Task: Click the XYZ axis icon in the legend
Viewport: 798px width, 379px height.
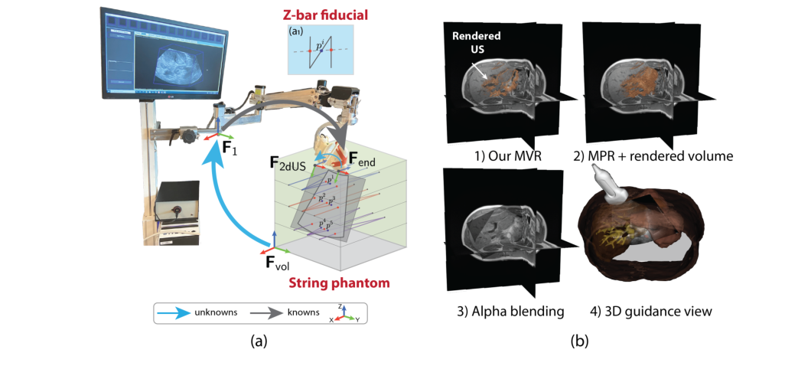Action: [x=347, y=313]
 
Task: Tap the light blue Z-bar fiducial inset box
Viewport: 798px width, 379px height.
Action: [x=320, y=49]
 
